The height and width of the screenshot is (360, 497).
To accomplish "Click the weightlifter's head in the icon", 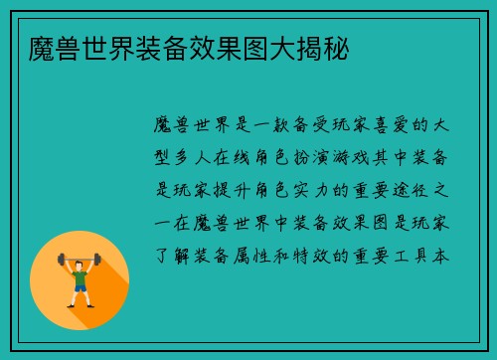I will (x=80, y=261).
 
